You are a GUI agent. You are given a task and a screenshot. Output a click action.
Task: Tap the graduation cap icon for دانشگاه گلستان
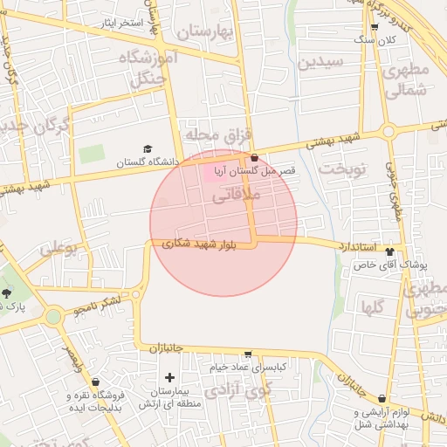click(x=148, y=149)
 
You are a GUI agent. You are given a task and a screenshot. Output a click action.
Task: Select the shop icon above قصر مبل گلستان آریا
click(x=254, y=159)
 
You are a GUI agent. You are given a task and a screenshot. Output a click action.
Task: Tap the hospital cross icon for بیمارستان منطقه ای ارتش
click(x=169, y=378)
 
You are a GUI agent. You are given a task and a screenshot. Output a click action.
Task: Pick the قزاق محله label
click(x=217, y=135)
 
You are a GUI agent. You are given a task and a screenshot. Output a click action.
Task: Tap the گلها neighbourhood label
click(x=373, y=306)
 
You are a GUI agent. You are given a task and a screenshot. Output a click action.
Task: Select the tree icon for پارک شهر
click(x=8, y=293)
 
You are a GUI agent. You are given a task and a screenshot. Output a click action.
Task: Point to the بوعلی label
click(x=58, y=250)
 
